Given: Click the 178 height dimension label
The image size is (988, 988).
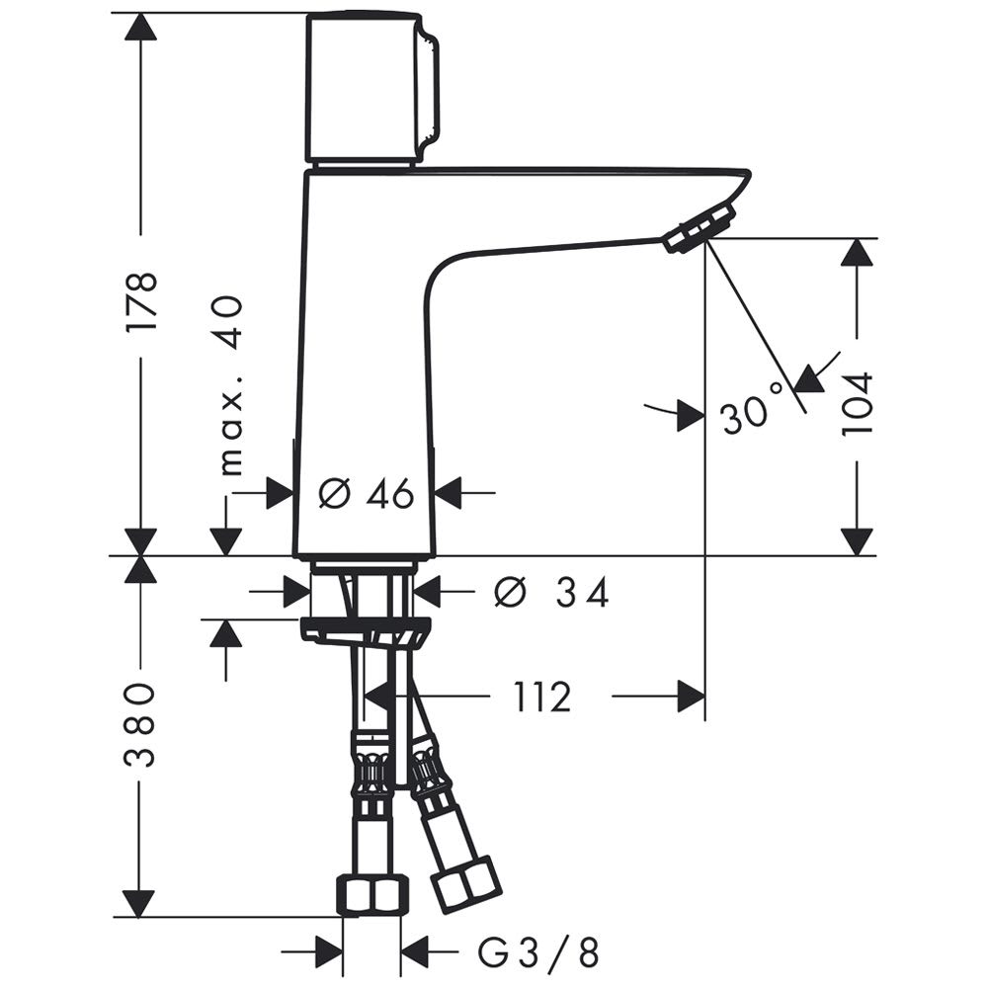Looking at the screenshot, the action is tap(140, 301).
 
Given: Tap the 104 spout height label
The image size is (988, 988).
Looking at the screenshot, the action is tap(857, 403).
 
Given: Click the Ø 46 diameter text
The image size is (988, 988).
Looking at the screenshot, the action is tap(367, 493).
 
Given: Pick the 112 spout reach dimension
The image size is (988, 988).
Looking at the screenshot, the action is tap(543, 697).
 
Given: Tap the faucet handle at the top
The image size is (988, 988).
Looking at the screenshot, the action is tap(371, 88).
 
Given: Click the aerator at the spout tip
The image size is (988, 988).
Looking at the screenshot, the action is tap(700, 227).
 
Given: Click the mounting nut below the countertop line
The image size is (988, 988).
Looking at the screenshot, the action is tap(365, 631).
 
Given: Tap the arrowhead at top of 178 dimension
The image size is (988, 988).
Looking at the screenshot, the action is tap(140, 28).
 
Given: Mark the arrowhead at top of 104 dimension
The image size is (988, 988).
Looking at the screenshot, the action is tap(857, 253).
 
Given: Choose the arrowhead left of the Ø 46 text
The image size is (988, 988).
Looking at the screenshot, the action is tap(280, 493).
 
